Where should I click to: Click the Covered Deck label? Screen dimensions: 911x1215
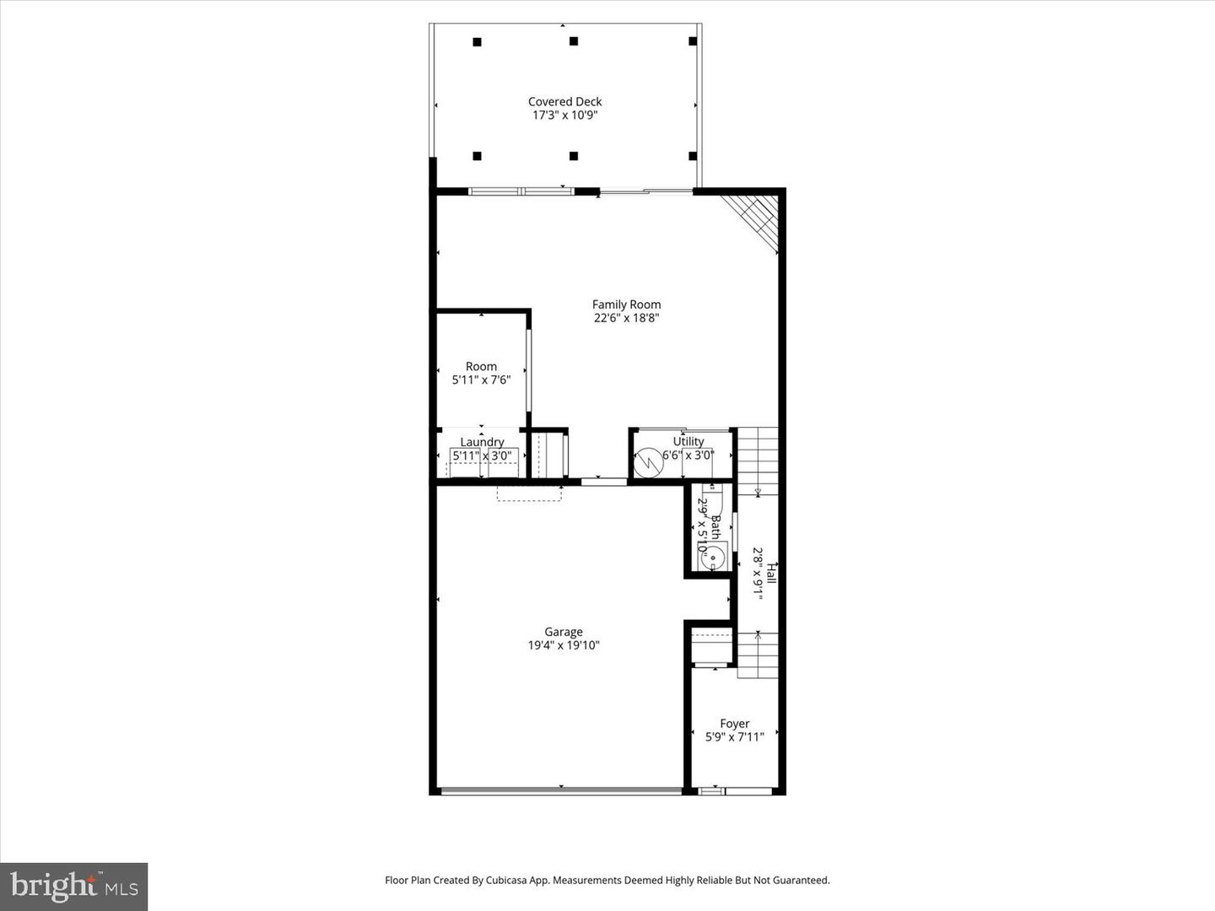pyautogui.click(x=564, y=101)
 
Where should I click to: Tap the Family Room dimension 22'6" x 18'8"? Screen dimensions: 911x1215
pyautogui.click(x=626, y=319)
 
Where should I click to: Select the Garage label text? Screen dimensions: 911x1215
pyautogui.click(x=563, y=632)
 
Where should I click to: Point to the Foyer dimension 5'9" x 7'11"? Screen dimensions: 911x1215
pyautogui.click(x=734, y=737)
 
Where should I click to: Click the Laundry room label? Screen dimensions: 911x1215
pyautogui.click(x=482, y=442)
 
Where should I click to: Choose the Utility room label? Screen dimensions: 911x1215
pyautogui.click(x=688, y=441)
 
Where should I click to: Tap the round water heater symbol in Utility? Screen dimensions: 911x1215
pyautogui.click(x=649, y=462)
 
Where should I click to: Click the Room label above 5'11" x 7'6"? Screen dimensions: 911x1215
pyautogui.click(x=481, y=366)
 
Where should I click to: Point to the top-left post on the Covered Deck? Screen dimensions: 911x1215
pyautogui.click(x=477, y=41)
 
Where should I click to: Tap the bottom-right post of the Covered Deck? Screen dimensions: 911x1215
pyautogui.click(x=693, y=156)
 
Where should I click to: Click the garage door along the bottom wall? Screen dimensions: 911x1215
pyautogui.click(x=561, y=791)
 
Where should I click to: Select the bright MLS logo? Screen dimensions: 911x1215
pyautogui.click(x=74, y=886)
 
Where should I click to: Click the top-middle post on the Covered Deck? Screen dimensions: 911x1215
pyautogui.click(x=574, y=40)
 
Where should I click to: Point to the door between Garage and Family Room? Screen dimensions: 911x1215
pyautogui.click(x=604, y=482)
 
